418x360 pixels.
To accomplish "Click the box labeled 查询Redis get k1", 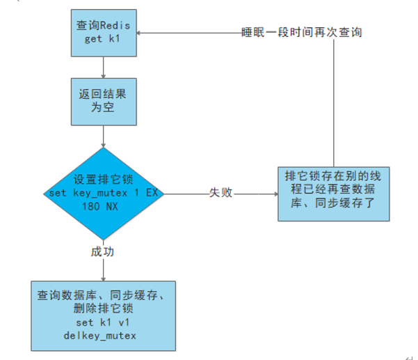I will point(103,32).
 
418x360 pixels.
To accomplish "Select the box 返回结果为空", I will point(103,100).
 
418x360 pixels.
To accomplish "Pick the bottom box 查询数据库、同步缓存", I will point(103,311).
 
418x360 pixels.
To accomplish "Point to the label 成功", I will point(103,252).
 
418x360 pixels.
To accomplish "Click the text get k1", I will point(103,40).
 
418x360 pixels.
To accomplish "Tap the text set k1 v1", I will point(103,324).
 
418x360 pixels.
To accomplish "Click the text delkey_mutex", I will point(103,336).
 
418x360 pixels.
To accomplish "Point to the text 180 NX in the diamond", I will point(103,206).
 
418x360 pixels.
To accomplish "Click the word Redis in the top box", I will point(115,25).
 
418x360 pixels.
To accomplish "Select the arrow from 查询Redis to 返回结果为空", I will point(103,67).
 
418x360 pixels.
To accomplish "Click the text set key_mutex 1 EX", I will point(103,193).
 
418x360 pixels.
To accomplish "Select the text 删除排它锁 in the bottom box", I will point(103,311).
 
